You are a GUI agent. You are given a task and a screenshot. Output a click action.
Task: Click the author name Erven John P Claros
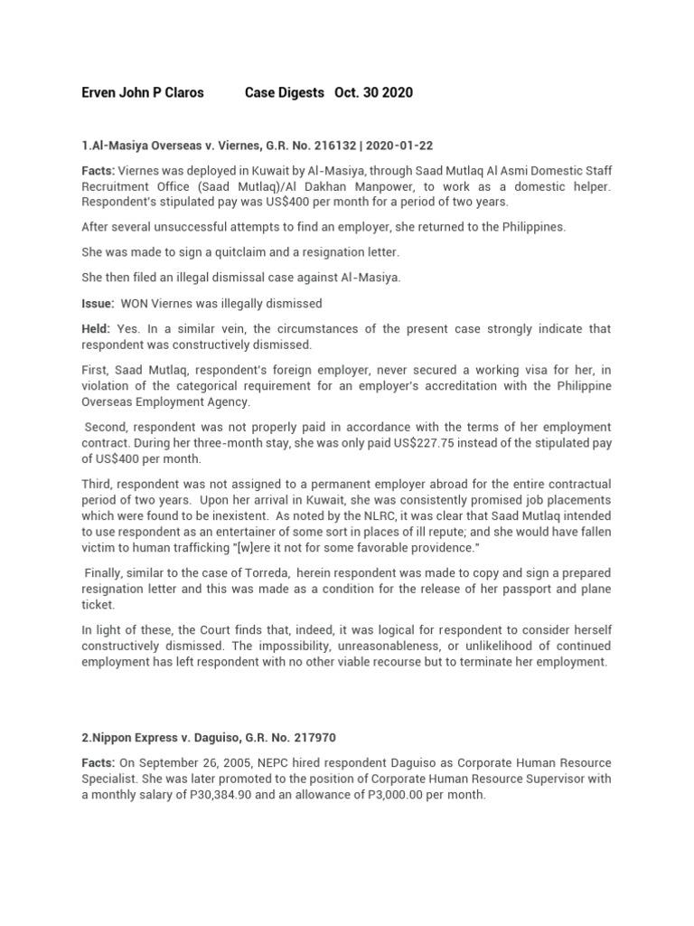click(x=143, y=93)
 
